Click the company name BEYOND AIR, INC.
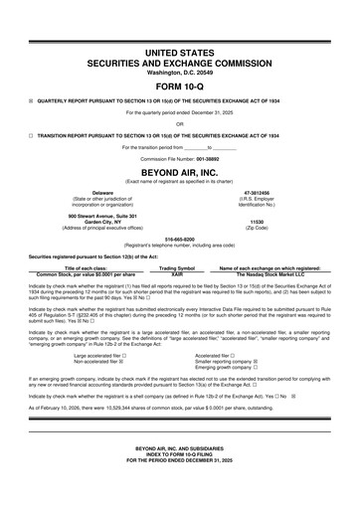[x=179, y=171]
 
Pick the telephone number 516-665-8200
[x=179, y=239]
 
